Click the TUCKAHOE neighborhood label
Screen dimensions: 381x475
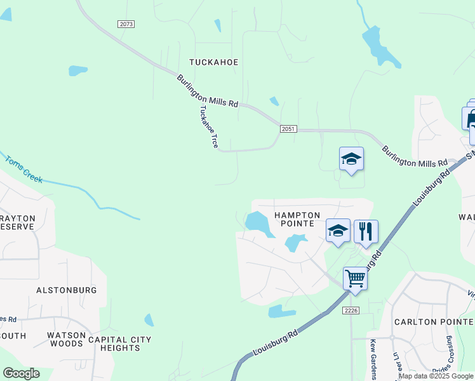213,62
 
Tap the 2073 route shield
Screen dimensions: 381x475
126,24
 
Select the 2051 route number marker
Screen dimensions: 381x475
288,129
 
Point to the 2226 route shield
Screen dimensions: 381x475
351,310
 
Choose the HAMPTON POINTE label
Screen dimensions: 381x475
294,219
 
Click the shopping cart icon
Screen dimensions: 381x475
355,277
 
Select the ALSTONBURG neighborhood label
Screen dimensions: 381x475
66,290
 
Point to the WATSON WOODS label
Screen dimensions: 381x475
66,339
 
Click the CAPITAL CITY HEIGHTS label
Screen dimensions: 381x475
120,344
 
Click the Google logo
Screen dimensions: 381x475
21,373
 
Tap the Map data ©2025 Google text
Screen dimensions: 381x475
436,376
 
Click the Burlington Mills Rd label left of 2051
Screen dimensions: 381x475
207,90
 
